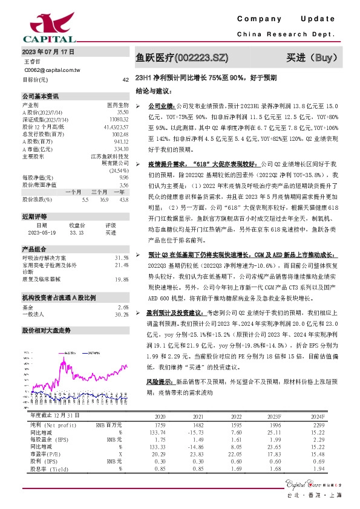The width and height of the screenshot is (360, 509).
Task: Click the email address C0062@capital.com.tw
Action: [51, 70]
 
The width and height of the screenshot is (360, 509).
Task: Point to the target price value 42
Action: [125, 80]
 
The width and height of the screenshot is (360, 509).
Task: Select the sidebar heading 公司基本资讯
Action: [41, 96]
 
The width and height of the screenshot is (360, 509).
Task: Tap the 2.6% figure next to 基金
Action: [123, 308]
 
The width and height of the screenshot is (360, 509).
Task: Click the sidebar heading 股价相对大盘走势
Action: [46, 331]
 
